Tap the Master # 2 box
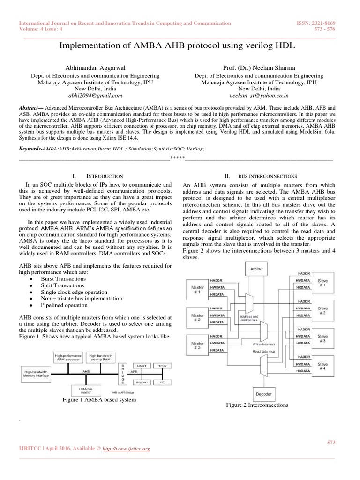tap(197, 318)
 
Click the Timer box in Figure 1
tap(162, 365)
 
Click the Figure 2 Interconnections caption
tap(257, 405)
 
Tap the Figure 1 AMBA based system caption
tap(99, 400)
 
